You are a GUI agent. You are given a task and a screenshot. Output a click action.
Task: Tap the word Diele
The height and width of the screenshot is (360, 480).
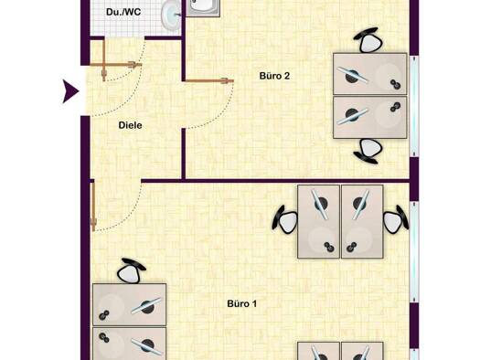click(x=131, y=125)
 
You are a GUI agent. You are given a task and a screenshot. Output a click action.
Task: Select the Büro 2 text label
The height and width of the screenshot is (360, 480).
click(x=274, y=76)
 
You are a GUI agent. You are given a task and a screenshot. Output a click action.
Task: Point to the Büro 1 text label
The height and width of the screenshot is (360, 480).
click(x=241, y=302)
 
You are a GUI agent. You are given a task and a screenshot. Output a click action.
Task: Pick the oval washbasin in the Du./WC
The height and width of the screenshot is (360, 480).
click(x=170, y=13)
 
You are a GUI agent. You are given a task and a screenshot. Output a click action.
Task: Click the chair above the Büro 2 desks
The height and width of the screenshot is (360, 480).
click(x=368, y=40)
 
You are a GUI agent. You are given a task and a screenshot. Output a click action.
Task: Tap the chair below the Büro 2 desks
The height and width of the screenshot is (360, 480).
click(x=369, y=150)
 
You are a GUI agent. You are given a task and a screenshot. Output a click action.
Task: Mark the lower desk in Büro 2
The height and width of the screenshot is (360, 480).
click(x=369, y=117)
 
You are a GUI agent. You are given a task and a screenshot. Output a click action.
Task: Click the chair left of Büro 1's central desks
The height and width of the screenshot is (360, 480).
click(x=285, y=219)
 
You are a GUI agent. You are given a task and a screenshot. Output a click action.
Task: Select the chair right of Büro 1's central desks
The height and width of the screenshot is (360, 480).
click(x=395, y=220)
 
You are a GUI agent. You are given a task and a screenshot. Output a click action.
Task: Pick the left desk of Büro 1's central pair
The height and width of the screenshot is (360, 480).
click(x=317, y=221)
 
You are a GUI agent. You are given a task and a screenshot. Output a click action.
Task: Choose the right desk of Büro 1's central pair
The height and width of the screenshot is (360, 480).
click(x=361, y=221)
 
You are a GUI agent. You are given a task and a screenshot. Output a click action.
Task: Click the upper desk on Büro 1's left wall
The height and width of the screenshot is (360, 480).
click(x=130, y=304)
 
